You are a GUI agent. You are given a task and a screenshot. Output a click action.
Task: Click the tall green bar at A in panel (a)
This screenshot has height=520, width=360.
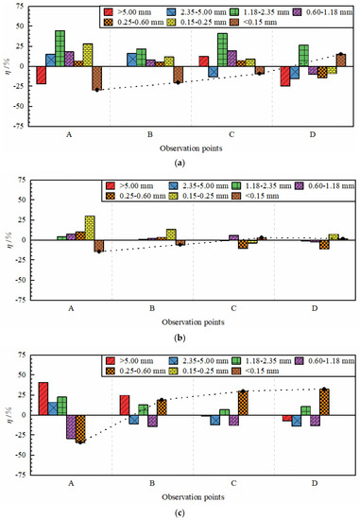[60, 48]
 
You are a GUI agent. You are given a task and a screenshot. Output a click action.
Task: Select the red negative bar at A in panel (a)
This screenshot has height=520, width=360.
[41, 76]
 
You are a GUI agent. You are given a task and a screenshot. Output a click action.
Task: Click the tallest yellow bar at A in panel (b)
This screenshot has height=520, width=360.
[90, 227]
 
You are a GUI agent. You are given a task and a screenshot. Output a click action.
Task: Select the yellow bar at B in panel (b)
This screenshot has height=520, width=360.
[171, 234]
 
